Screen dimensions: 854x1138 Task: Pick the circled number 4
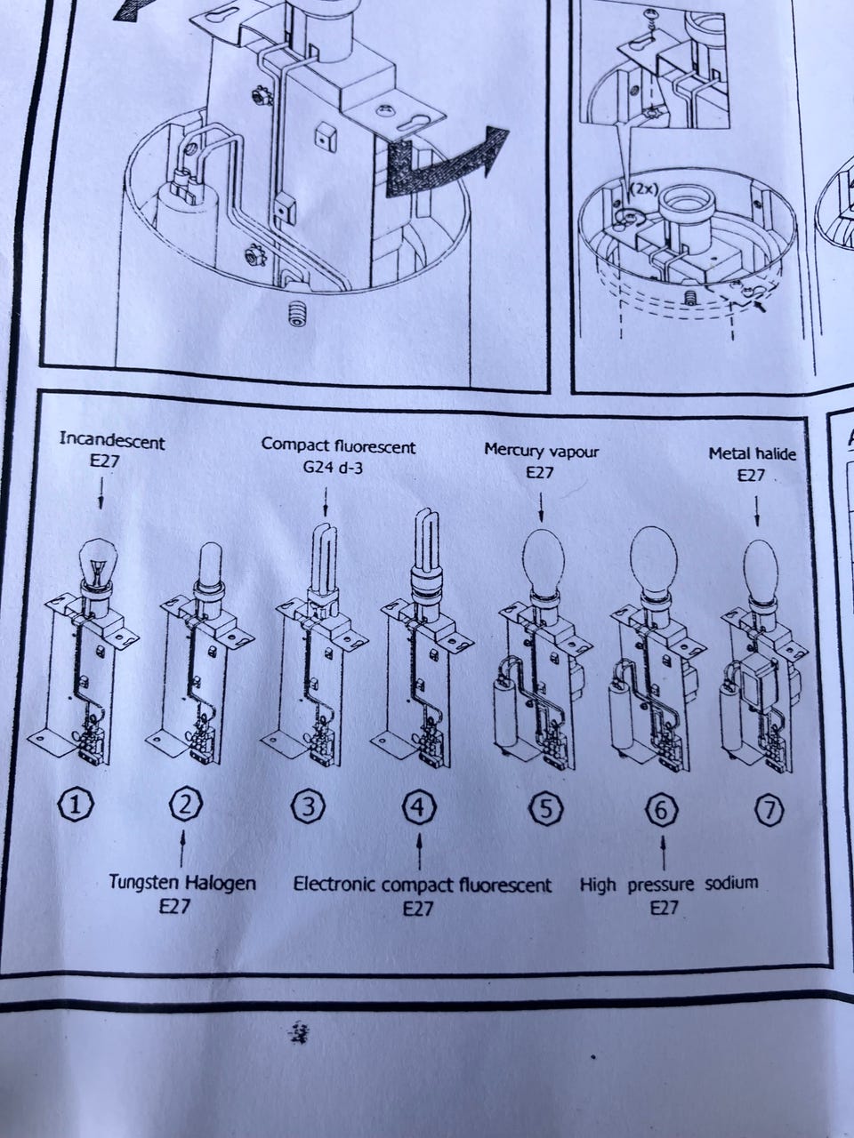(420, 809)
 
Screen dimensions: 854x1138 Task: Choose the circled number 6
(662, 809)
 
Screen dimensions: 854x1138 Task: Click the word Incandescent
(112, 441)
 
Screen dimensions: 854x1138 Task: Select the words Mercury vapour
(542, 452)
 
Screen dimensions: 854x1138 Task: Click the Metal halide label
(752, 454)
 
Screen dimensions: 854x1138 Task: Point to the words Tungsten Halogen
(182, 883)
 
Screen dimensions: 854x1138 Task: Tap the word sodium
(731, 883)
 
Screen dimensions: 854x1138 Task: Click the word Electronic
(335, 884)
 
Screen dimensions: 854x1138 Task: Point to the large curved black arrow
(440, 166)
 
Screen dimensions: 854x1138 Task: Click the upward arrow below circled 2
(181, 848)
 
